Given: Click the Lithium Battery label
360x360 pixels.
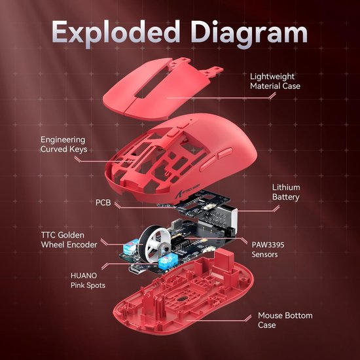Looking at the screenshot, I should click(x=286, y=192).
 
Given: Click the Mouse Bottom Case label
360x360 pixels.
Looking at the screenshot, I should click(x=285, y=321).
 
